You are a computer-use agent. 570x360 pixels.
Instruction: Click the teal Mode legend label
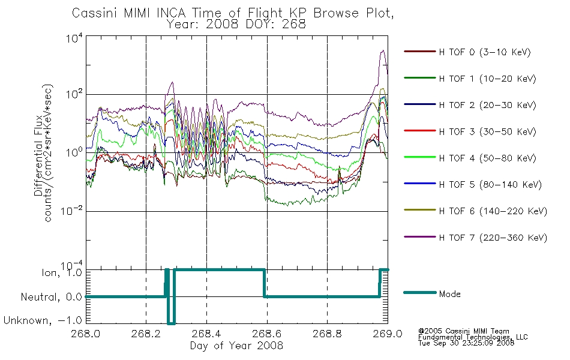449,294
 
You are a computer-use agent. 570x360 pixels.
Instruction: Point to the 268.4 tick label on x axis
206,334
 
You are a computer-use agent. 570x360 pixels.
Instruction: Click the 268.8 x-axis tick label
327,334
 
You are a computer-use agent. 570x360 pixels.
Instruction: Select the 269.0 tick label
388,334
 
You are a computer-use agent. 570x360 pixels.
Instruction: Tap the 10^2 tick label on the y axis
74,94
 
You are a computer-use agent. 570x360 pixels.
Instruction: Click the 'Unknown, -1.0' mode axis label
43,320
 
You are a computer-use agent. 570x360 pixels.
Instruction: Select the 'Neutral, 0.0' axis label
51,297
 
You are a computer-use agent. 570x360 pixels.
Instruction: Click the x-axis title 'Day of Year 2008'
236,346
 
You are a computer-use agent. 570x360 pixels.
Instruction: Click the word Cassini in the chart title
95,13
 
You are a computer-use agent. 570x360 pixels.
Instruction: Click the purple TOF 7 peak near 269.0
382,50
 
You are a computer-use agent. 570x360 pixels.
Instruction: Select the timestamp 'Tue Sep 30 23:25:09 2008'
466,343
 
